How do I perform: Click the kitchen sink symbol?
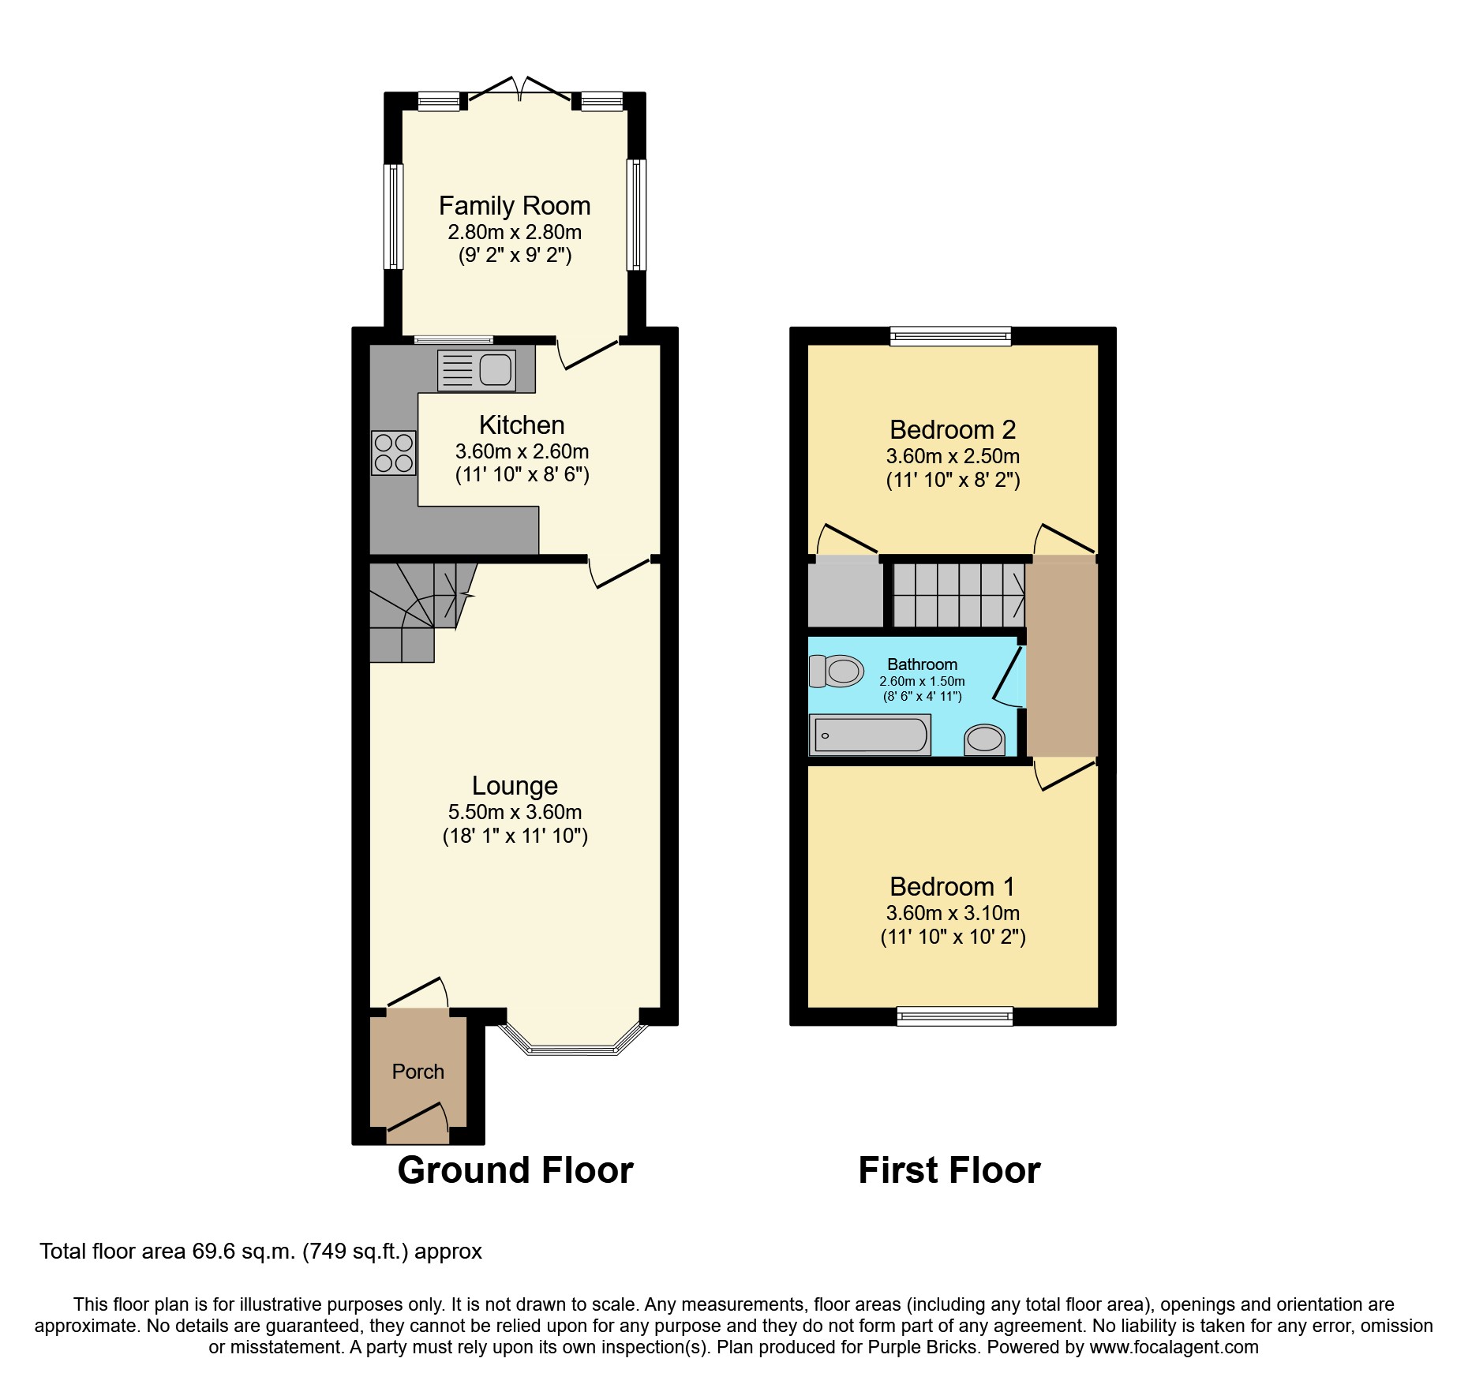click(x=477, y=370)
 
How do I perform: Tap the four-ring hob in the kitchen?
click(x=393, y=452)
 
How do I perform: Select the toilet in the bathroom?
click(x=837, y=671)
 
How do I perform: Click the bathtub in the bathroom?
click(x=871, y=735)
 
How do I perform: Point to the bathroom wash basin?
click(x=984, y=739)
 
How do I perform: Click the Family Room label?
click(x=515, y=206)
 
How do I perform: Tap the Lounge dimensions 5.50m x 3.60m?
click(x=515, y=812)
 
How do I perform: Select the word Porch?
click(x=418, y=1072)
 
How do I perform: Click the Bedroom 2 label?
click(x=952, y=430)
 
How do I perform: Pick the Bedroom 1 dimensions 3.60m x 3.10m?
click(x=953, y=913)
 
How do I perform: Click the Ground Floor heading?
click(x=515, y=1170)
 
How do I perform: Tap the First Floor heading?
click(x=949, y=1170)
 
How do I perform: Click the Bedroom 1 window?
click(x=954, y=1016)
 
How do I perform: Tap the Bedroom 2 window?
click(x=950, y=336)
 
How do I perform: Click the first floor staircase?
click(x=958, y=595)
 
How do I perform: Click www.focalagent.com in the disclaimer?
click(x=1174, y=1347)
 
